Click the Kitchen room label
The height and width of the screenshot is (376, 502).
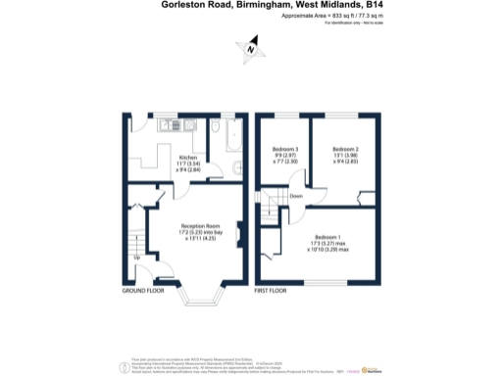(187, 158)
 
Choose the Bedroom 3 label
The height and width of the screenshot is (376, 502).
(284, 149)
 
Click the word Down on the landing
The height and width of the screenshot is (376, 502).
(295, 196)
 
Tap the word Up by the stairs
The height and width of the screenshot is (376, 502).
(136, 258)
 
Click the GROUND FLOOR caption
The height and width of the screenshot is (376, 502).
(142, 292)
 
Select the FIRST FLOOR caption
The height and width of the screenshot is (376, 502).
(274, 292)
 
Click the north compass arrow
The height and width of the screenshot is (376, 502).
(250, 48)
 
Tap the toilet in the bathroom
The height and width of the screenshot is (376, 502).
(215, 127)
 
